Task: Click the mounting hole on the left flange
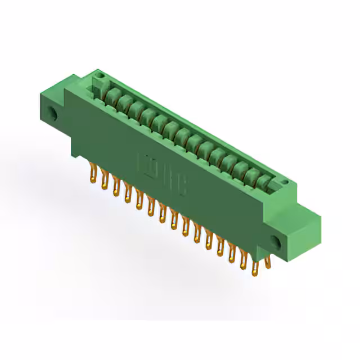point(54,114)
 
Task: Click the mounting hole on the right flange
point(275,242)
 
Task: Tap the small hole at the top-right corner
point(285,183)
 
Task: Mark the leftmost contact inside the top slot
point(112,94)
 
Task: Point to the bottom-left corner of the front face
point(73,152)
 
